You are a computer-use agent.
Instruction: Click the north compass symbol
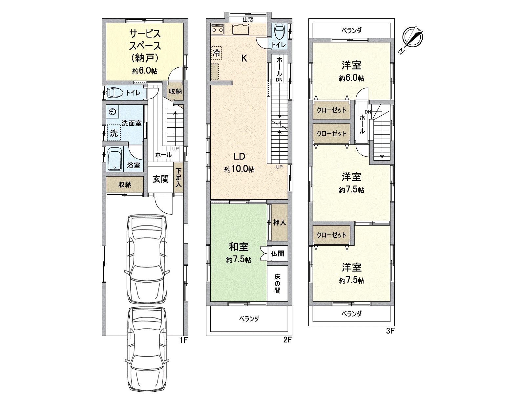(x=413, y=38)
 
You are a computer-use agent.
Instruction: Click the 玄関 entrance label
(x=161, y=179)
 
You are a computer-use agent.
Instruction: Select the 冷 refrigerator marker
(x=216, y=53)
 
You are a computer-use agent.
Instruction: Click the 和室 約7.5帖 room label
(x=239, y=252)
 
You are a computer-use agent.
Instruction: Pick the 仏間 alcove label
(x=278, y=253)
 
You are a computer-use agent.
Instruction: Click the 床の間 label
(x=277, y=284)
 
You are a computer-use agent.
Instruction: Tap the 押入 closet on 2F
(x=280, y=222)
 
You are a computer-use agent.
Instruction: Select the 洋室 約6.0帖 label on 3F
(x=351, y=71)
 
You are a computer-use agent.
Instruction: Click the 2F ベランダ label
(x=249, y=318)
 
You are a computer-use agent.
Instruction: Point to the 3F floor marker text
(x=389, y=331)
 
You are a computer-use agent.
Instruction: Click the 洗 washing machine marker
(x=114, y=133)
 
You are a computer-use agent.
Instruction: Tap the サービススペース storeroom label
(x=145, y=51)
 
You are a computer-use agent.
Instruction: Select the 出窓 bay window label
(x=248, y=19)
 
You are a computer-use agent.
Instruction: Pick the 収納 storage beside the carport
(x=125, y=185)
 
